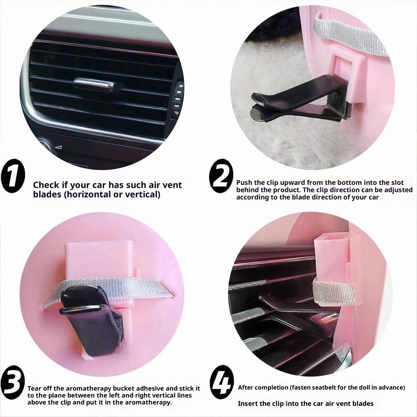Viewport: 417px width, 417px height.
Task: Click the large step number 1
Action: coord(13,178)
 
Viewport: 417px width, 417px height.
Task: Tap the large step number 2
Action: coord(220,178)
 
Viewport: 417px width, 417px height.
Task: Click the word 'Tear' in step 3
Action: coord(34,388)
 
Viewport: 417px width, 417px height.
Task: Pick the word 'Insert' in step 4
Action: coord(248,403)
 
